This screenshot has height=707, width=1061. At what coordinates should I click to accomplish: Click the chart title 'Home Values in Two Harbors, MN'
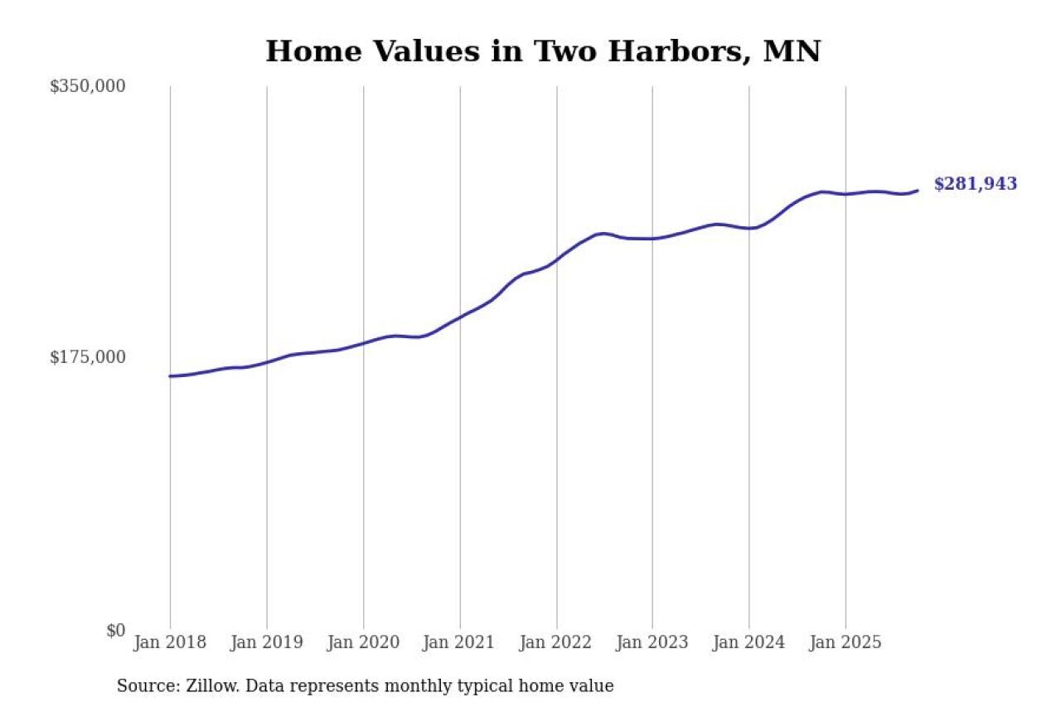(543, 51)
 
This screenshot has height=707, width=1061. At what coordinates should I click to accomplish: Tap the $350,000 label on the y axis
(87, 86)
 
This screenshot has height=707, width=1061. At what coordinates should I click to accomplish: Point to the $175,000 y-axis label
(87, 357)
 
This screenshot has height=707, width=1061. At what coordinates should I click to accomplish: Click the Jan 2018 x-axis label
(170, 642)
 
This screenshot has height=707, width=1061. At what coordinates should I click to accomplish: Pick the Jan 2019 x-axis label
(266, 642)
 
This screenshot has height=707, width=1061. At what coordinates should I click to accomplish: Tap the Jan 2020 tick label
(363, 642)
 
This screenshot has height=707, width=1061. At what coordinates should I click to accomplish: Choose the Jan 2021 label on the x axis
(459, 642)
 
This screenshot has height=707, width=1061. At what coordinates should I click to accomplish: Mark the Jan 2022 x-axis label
(556, 642)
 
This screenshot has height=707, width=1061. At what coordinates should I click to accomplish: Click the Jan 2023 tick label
(652, 642)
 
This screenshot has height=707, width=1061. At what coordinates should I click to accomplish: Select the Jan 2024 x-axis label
(749, 642)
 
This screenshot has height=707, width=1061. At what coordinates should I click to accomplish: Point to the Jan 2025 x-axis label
(845, 642)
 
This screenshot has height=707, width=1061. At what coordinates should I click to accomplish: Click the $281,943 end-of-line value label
(975, 185)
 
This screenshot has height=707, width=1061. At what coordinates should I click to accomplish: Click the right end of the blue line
(918, 191)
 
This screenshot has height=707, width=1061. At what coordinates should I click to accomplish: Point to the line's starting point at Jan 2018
(170, 376)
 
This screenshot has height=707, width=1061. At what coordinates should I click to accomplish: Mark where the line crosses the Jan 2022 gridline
(556, 259)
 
